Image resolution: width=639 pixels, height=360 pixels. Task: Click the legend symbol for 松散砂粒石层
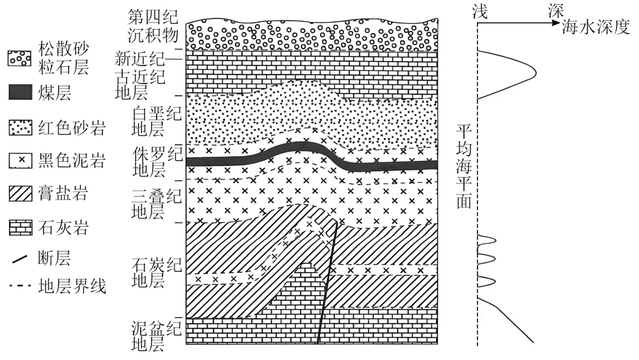point(20,57)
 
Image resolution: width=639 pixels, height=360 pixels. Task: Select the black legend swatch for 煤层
point(20,92)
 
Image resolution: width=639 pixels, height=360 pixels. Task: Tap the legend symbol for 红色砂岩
point(20,127)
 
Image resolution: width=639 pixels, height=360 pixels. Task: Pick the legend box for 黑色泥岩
point(20,160)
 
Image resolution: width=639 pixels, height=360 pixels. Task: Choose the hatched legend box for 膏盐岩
point(20,194)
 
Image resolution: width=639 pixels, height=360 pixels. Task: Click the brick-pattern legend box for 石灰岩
point(20,227)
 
